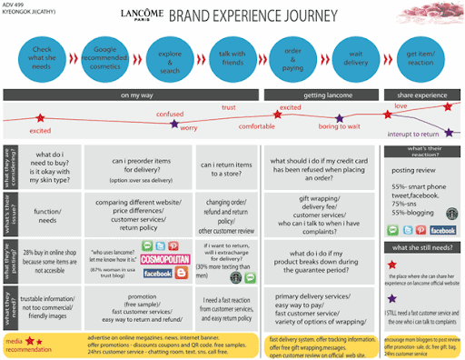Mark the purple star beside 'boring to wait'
[x=339, y=116]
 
